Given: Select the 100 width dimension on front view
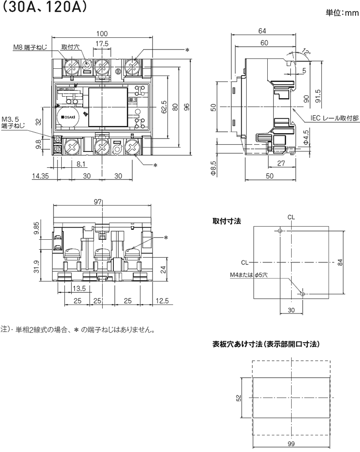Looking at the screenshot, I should pyautogui.click(x=102, y=34).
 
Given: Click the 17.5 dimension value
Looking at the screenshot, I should pyautogui.click(x=102, y=44).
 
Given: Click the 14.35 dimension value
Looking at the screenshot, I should pyautogui.click(x=41, y=176).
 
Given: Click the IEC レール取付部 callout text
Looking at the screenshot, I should pyautogui.click(x=335, y=118).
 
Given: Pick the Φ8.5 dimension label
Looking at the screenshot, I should pyautogui.click(x=214, y=168).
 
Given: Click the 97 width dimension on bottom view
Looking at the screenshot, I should pyautogui.click(x=98, y=202).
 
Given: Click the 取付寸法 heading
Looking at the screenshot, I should pyautogui.click(x=227, y=221).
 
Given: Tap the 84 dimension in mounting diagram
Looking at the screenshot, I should pyautogui.click(x=341, y=262).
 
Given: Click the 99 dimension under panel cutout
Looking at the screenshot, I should pyautogui.click(x=292, y=443).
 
